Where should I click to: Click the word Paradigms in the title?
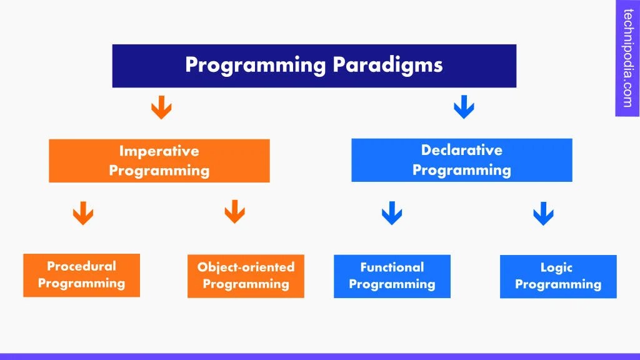click(x=387, y=65)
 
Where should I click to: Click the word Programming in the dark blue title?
click(x=256, y=65)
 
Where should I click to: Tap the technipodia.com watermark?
click(x=627, y=58)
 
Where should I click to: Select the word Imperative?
click(x=159, y=151)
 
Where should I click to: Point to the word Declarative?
click(x=461, y=150)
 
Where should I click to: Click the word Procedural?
click(x=81, y=266)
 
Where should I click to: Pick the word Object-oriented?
click(x=246, y=267)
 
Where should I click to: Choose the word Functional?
click(x=392, y=267)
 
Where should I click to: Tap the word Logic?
click(x=556, y=267)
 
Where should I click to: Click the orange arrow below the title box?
click(x=161, y=107)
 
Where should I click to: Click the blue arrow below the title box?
click(x=463, y=107)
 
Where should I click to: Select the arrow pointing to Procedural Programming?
click(x=83, y=212)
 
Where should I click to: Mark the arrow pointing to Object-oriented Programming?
click(x=234, y=212)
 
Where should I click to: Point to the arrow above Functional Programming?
click(x=391, y=212)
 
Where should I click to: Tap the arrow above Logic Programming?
click(x=543, y=212)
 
